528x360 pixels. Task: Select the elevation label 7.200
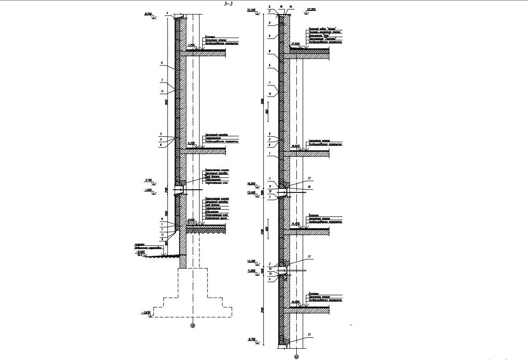click(191, 46)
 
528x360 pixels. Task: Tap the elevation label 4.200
click(191, 143)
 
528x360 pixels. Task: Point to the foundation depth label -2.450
click(146, 312)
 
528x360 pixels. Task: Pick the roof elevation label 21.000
click(296, 43)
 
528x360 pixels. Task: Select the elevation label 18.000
click(296, 146)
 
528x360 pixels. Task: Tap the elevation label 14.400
click(296, 224)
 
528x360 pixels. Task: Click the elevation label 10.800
click(296, 302)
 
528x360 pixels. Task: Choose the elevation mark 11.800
click(252, 271)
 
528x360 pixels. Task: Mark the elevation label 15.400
click(252, 192)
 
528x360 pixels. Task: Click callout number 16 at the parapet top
click(290, 7)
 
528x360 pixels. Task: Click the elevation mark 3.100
click(148, 180)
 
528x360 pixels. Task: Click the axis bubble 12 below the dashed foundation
click(193, 325)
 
